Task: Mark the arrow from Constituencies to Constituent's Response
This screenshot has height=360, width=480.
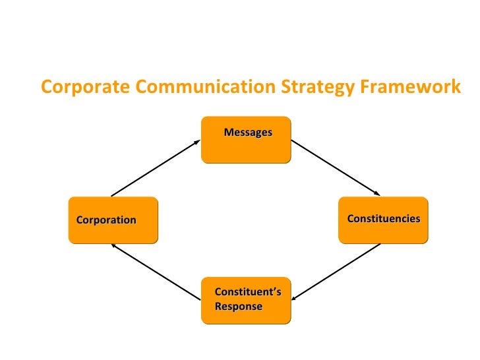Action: pos(336,271)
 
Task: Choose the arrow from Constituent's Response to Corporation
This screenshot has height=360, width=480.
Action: pos(156,271)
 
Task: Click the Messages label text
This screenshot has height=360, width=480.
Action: pos(248,133)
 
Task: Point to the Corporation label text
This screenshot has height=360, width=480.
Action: pos(106,220)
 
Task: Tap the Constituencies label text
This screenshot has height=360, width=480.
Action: pos(384,218)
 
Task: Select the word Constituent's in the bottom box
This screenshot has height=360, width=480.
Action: pos(248,292)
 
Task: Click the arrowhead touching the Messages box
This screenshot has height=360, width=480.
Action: pos(197,140)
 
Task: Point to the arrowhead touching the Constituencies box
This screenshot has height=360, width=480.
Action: pos(378,194)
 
